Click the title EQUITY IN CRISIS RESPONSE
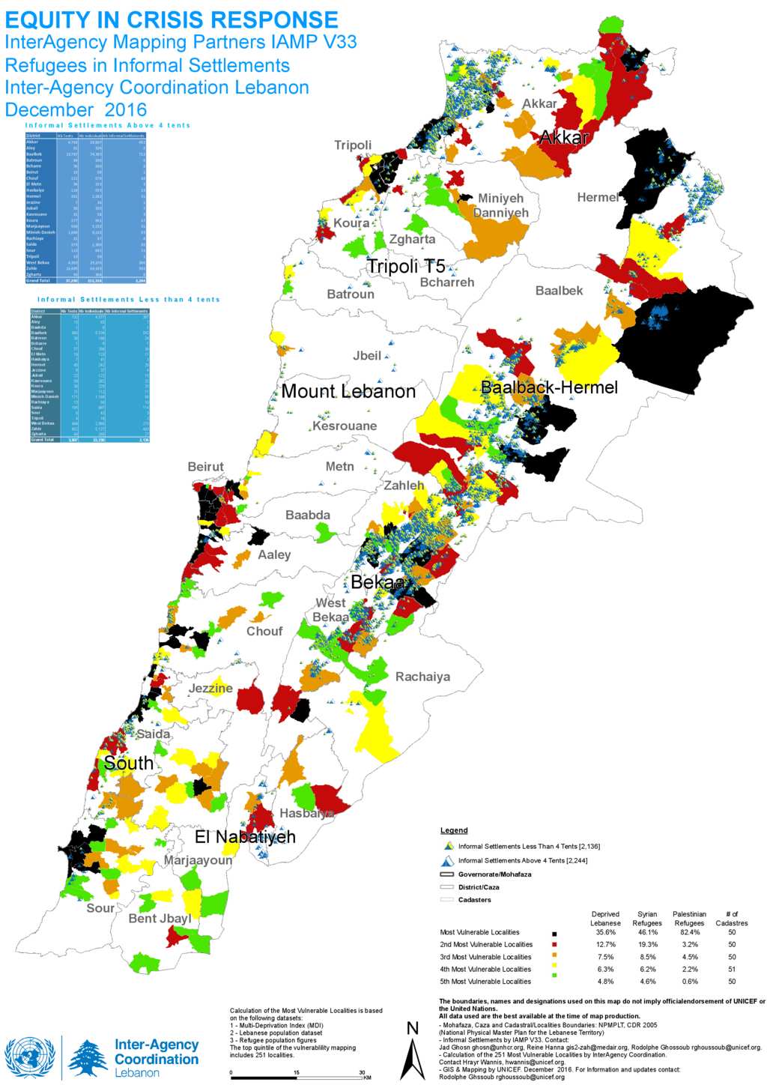pos(172,19)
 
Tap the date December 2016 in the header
pos(76,109)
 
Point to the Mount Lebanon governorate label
pos(348,391)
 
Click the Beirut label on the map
pos(205,467)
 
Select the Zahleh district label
pos(404,486)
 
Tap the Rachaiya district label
pos(422,677)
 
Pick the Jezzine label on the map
pos(210,688)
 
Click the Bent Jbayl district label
pos(160,918)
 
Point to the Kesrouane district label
pos(345,426)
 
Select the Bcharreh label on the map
pos(447,282)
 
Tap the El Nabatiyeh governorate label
pos(245,837)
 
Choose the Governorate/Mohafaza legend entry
pos(494,874)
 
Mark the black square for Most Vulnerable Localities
pos(554,934)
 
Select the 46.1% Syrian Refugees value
pos(647,932)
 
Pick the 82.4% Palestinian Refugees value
pos(689,932)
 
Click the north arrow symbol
pos(412,1053)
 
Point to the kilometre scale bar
pos(297,1078)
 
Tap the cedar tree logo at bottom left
pos(88,1057)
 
